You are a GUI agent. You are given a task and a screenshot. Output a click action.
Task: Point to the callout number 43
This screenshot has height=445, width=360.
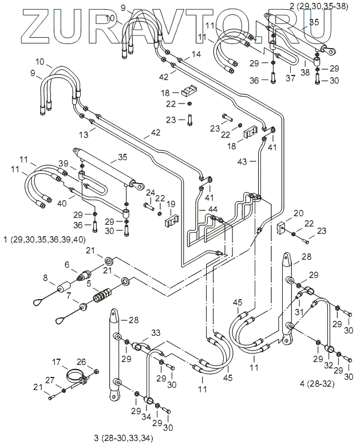pos(242,162)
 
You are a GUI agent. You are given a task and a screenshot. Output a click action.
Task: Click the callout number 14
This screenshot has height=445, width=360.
pos(196,54)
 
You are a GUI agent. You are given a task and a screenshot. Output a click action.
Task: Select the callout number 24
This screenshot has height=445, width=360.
pos(150,192)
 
